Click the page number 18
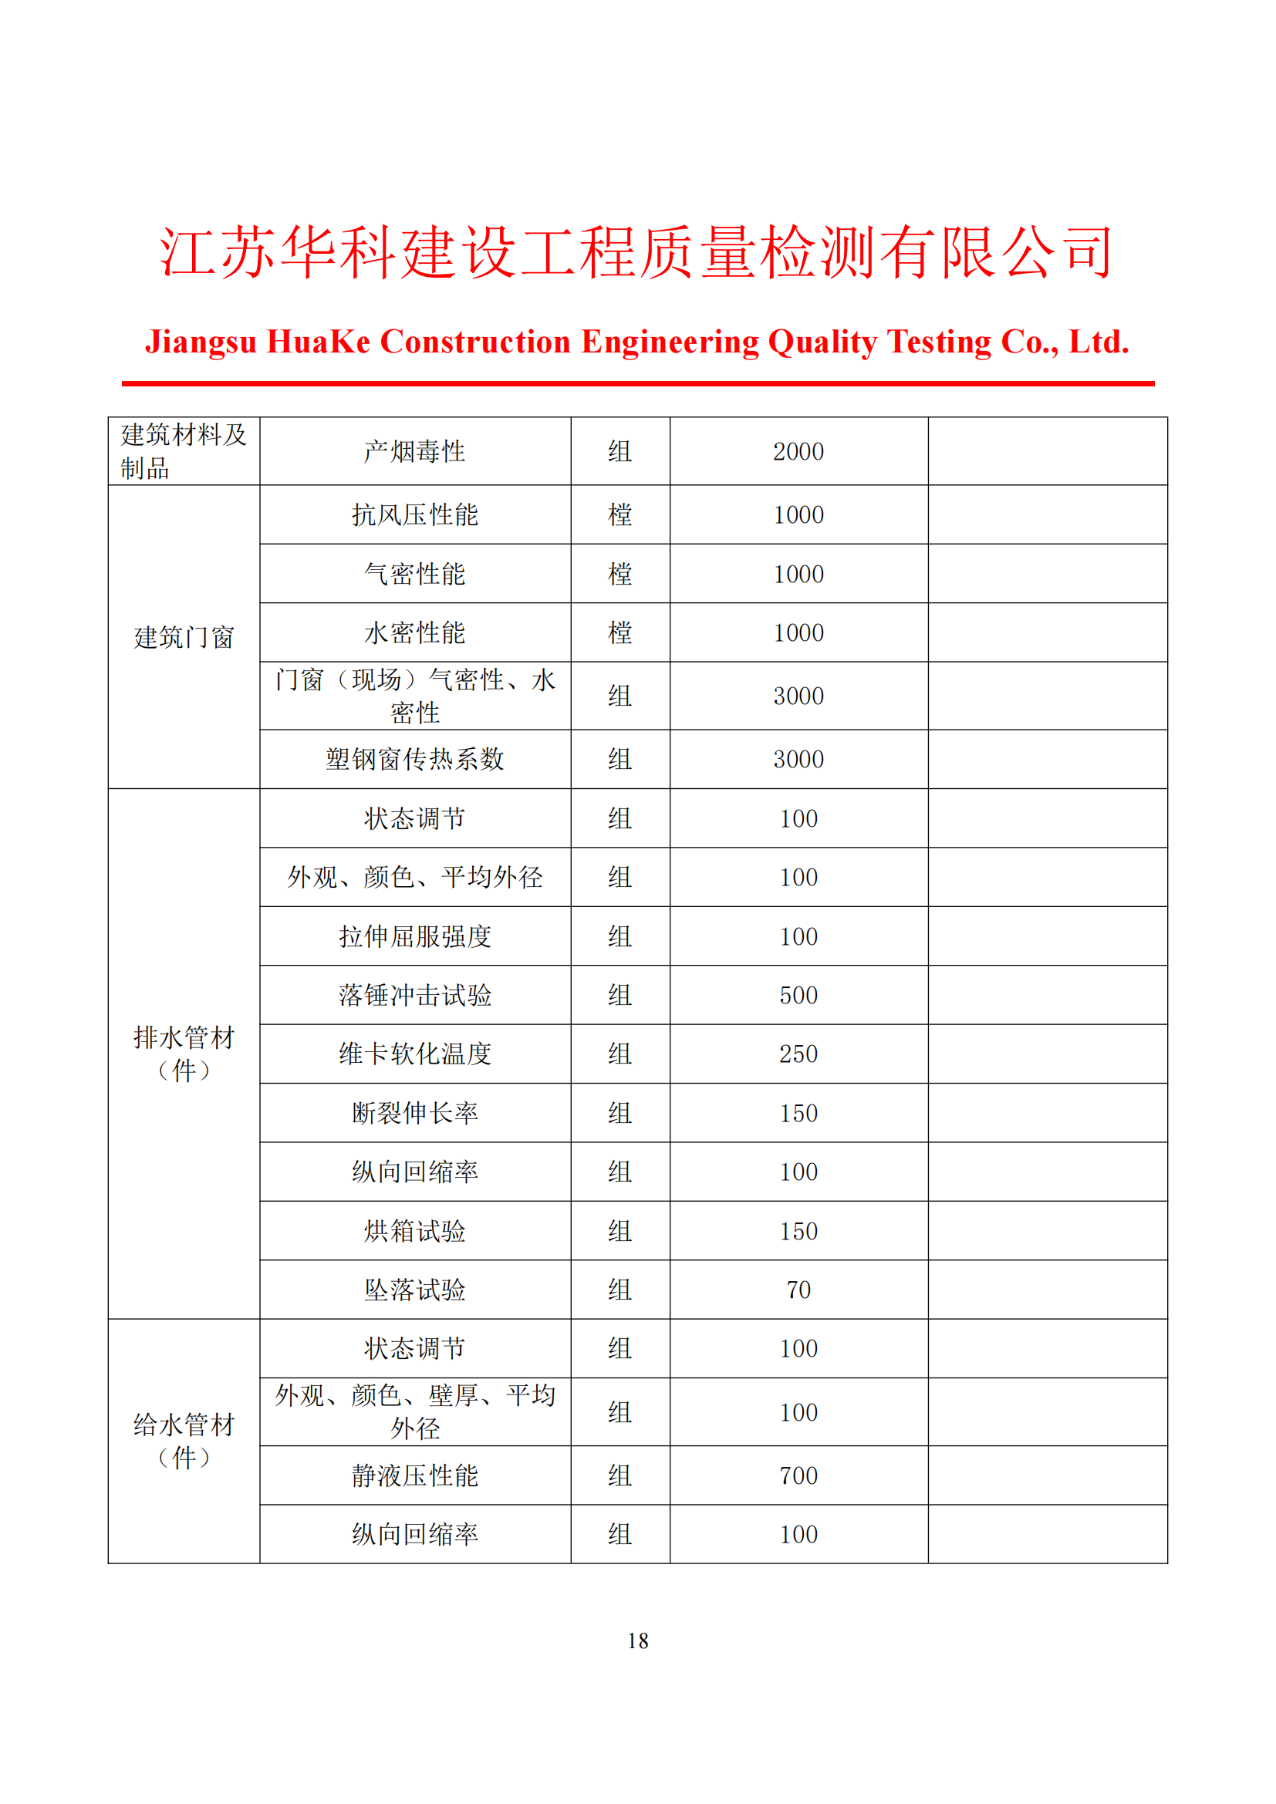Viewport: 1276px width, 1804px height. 637,1640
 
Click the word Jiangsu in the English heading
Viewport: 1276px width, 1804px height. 201,342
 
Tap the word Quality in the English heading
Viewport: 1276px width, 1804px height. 822,342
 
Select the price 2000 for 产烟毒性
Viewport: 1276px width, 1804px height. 798,452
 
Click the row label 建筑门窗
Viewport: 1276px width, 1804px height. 184,637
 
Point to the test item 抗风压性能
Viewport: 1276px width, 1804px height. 415,515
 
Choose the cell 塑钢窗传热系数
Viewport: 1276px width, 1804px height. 415,759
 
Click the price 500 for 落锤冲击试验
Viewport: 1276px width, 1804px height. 798,996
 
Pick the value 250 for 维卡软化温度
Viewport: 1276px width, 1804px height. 798,1054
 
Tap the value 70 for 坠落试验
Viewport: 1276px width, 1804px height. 798,1290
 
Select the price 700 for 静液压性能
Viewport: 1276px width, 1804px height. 798,1475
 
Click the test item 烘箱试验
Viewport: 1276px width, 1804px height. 415,1231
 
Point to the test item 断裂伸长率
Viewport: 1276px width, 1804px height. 415,1114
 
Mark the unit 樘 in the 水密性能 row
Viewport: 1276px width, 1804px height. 620,633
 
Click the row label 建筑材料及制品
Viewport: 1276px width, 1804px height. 184,452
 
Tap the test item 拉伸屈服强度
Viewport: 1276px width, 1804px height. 415,936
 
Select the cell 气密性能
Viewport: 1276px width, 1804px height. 415,575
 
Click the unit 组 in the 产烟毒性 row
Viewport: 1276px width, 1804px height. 620,452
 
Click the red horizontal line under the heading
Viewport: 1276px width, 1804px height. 637,383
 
